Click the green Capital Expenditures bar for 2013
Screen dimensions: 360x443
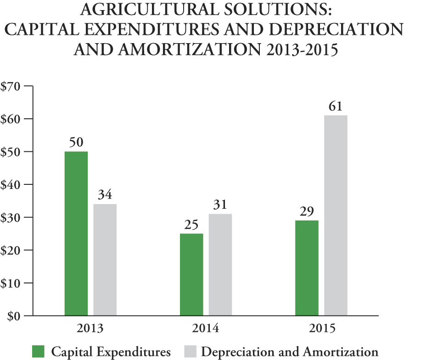[x=76, y=233]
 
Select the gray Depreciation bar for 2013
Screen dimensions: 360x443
[x=105, y=260]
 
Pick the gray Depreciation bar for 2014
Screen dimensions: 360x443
[x=220, y=265]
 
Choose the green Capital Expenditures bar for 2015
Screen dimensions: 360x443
[x=307, y=268]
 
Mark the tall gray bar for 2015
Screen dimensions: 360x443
[x=336, y=215]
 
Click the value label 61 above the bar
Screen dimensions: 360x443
[x=336, y=107]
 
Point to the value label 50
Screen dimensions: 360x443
[x=76, y=143]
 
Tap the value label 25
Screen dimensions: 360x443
[x=191, y=225]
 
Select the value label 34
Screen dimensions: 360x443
[x=105, y=195]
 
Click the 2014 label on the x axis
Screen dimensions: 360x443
[x=206, y=329]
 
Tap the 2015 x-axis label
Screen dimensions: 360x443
[x=321, y=329]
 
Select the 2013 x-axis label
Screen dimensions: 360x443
[x=90, y=329]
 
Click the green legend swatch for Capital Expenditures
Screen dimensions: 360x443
[x=39, y=352]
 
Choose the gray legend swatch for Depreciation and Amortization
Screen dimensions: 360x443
[x=189, y=352]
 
